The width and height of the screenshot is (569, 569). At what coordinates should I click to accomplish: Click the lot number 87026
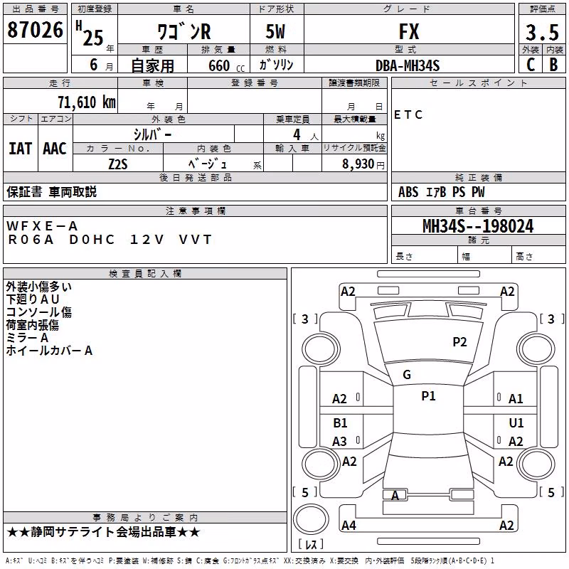click(x=35, y=30)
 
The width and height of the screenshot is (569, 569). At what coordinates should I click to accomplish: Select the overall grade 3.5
click(x=542, y=32)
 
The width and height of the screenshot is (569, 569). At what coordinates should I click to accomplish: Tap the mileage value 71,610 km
click(x=87, y=102)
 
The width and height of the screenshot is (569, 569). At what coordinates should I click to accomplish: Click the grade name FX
click(x=409, y=31)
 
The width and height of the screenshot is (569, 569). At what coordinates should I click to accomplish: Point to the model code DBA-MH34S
click(x=408, y=65)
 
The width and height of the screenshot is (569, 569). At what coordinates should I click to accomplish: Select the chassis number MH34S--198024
click(x=478, y=226)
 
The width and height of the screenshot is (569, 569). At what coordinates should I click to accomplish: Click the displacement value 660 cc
click(x=226, y=65)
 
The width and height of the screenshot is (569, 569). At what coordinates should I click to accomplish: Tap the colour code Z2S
click(x=118, y=164)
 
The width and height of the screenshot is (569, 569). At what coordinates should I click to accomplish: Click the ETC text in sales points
click(x=408, y=115)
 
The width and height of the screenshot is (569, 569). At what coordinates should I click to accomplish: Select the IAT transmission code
click(x=20, y=149)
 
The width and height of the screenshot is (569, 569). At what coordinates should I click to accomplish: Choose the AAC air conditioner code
click(x=55, y=149)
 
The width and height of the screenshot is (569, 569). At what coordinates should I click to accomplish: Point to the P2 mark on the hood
click(x=459, y=341)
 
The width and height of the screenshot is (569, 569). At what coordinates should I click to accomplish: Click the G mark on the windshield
click(x=407, y=375)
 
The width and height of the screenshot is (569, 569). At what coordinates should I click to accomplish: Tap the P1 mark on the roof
click(x=428, y=395)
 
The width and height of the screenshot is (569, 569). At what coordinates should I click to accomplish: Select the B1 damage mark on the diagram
click(x=340, y=422)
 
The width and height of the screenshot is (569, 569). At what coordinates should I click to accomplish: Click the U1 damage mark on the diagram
click(x=516, y=422)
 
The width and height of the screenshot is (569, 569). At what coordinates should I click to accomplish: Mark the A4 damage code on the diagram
click(x=349, y=525)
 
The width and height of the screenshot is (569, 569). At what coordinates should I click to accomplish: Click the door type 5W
click(x=275, y=31)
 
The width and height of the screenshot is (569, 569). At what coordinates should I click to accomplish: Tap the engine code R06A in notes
click(x=31, y=240)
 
